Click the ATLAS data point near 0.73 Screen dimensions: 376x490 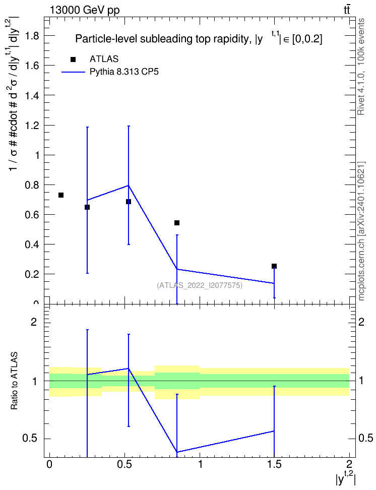point(61,195)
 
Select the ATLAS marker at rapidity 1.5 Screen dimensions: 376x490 point(274,266)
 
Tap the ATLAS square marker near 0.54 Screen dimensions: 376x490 point(177,223)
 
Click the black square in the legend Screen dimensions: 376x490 point(73,59)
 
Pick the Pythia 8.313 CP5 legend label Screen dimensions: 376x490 point(124,72)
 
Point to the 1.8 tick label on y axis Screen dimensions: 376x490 point(32,36)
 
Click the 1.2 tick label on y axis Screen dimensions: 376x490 point(32,126)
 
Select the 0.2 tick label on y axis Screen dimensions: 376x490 point(32,274)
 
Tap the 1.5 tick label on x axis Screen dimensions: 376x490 point(274,464)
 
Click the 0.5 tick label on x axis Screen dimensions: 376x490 point(125,464)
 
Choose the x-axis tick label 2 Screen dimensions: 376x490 point(349,464)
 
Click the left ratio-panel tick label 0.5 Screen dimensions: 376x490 point(30,439)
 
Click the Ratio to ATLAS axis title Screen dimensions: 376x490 point(14,381)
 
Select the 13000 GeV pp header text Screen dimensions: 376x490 point(85,11)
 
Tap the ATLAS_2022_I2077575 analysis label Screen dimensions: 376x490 point(200,285)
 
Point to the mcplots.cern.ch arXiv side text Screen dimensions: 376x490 point(361,231)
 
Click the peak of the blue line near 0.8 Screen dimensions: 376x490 point(129,186)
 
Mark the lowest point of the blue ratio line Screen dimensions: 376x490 point(177,452)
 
